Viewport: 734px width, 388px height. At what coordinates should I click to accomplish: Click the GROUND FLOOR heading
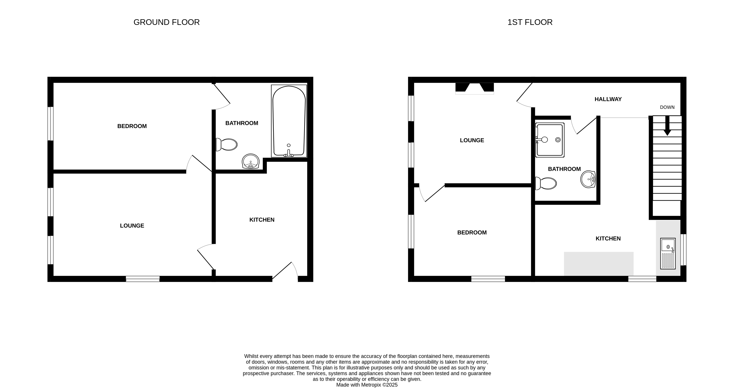[x=166, y=22]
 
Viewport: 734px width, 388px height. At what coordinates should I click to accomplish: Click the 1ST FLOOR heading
[x=530, y=22]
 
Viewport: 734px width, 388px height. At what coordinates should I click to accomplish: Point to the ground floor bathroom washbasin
[x=251, y=162]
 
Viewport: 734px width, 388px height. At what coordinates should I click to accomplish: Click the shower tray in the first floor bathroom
[x=550, y=140]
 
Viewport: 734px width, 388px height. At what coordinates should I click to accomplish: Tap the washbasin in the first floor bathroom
[x=588, y=179]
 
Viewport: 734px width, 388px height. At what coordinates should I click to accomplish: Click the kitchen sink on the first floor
[x=668, y=253]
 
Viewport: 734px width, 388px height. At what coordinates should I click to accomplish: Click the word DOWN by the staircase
[x=667, y=107]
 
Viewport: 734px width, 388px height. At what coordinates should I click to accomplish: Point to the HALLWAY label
[x=608, y=99]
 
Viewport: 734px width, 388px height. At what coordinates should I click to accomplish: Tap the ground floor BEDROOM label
[x=132, y=126]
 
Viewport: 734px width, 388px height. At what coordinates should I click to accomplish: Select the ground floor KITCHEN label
[x=262, y=220]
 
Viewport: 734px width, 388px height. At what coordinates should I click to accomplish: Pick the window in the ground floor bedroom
[x=50, y=124]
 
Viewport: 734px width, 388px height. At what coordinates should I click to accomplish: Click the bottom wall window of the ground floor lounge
[x=143, y=279]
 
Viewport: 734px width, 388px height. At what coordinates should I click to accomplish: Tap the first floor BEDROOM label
[x=472, y=233]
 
